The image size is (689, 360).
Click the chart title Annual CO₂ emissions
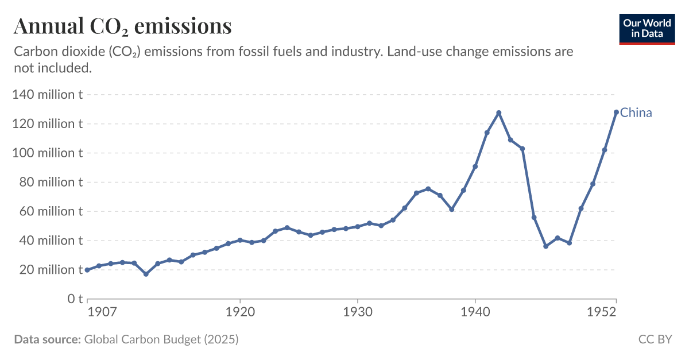(122, 26)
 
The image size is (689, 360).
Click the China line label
(636, 113)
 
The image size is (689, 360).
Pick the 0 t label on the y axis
(76, 299)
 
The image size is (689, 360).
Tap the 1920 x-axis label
(239, 312)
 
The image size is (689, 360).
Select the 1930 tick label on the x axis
(357, 312)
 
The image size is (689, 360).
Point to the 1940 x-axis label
(475, 312)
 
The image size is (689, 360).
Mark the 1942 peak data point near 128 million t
(499, 113)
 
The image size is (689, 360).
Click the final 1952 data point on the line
(616, 112)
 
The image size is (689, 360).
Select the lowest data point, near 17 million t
(146, 274)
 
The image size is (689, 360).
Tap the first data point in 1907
(87, 270)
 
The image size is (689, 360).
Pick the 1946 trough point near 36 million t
(546, 246)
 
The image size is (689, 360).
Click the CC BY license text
(655, 339)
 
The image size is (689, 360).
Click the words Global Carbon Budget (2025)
(161, 339)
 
